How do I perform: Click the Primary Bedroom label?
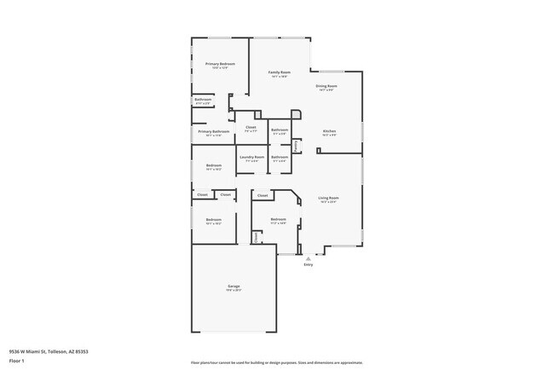(x=220, y=64)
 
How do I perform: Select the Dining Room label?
(x=326, y=86)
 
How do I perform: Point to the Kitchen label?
(x=329, y=131)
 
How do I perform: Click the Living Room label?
(x=329, y=198)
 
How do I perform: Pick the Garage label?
(x=234, y=286)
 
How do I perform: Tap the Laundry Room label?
(x=251, y=157)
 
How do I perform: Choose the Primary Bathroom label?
(x=214, y=131)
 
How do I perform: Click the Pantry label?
(x=296, y=145)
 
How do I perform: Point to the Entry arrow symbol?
(x=309, y=257)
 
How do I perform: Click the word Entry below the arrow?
(x=309, y=264)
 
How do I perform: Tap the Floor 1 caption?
(x=17, y=361)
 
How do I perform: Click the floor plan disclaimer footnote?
(x=277, y=362)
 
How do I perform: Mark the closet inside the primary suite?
(x=251, y=128)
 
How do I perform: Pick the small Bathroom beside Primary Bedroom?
(x=203, y=100)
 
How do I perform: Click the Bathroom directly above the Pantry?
(x=280, y=130)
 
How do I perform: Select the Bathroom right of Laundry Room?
(x=280, y=157)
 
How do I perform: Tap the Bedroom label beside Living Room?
(x=279, y=219)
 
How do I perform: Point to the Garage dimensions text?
(x=234, y=291)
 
